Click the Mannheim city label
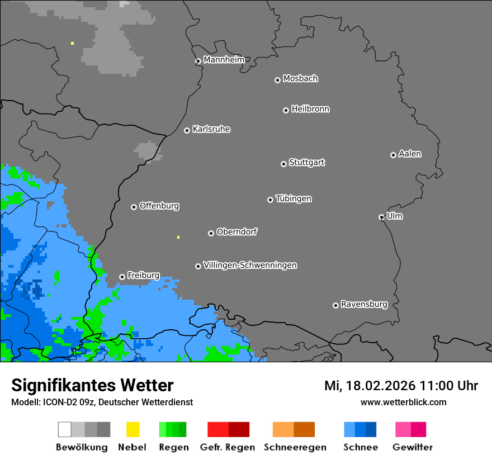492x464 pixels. (224, 60)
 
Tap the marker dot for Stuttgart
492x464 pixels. (283, 164)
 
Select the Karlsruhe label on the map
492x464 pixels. (211, 129)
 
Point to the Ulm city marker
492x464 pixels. (381, 217)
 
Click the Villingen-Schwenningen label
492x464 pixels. (250, 265)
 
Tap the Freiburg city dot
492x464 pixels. (122, 277)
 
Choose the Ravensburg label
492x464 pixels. (364, 304)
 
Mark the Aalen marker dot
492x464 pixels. (393, 155)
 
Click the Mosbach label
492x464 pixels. (300, 79)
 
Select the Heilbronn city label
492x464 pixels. (310, 109)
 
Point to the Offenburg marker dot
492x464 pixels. (134, 207)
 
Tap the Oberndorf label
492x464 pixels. (236, 231)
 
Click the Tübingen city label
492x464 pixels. (294, 198)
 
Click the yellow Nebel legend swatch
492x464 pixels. (133, 429)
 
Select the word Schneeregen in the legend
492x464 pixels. (295, 447)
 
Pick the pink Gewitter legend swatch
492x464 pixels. (403, 429)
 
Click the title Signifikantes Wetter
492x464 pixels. (92, 385)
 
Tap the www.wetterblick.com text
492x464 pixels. (403, 402)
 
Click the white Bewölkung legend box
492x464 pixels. (65, 429)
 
